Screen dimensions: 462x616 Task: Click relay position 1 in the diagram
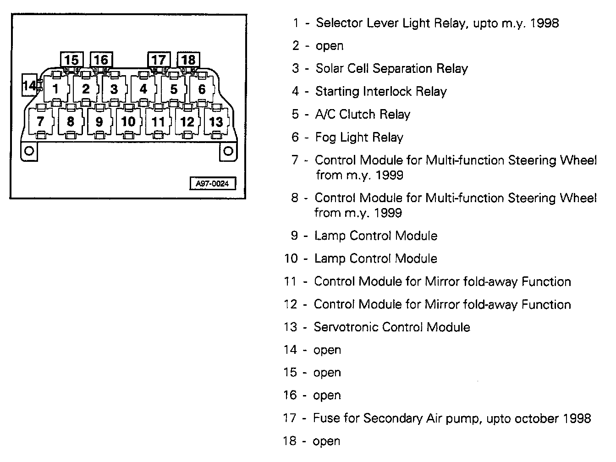coord(56,88)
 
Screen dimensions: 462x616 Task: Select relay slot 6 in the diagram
coord(202,88)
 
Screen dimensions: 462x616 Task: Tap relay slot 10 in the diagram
coord(128,121)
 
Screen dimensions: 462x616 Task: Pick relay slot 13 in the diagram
coord(216,121)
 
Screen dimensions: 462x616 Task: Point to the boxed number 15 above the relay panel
coord(71,60)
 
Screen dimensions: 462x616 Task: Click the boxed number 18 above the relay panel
coord(188,60)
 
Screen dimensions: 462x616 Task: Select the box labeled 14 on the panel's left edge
coord(29,86)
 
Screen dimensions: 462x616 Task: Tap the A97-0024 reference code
coord(213,183)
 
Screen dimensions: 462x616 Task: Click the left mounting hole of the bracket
coord(28,150)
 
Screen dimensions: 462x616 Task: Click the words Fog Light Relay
coord(359,137)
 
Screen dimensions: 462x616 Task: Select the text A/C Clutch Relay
coord(363,114)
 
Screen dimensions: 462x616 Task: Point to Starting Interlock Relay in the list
coord(381,91)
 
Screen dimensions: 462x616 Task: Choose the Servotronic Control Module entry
coord(392,327)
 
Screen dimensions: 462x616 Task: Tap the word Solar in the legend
coord(330,68)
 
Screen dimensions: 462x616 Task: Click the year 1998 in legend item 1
coord(544,23)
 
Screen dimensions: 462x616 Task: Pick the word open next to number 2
coord(330,46)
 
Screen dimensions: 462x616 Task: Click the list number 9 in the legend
coord(295,236)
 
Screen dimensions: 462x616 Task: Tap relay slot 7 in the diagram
coord(40,121)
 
